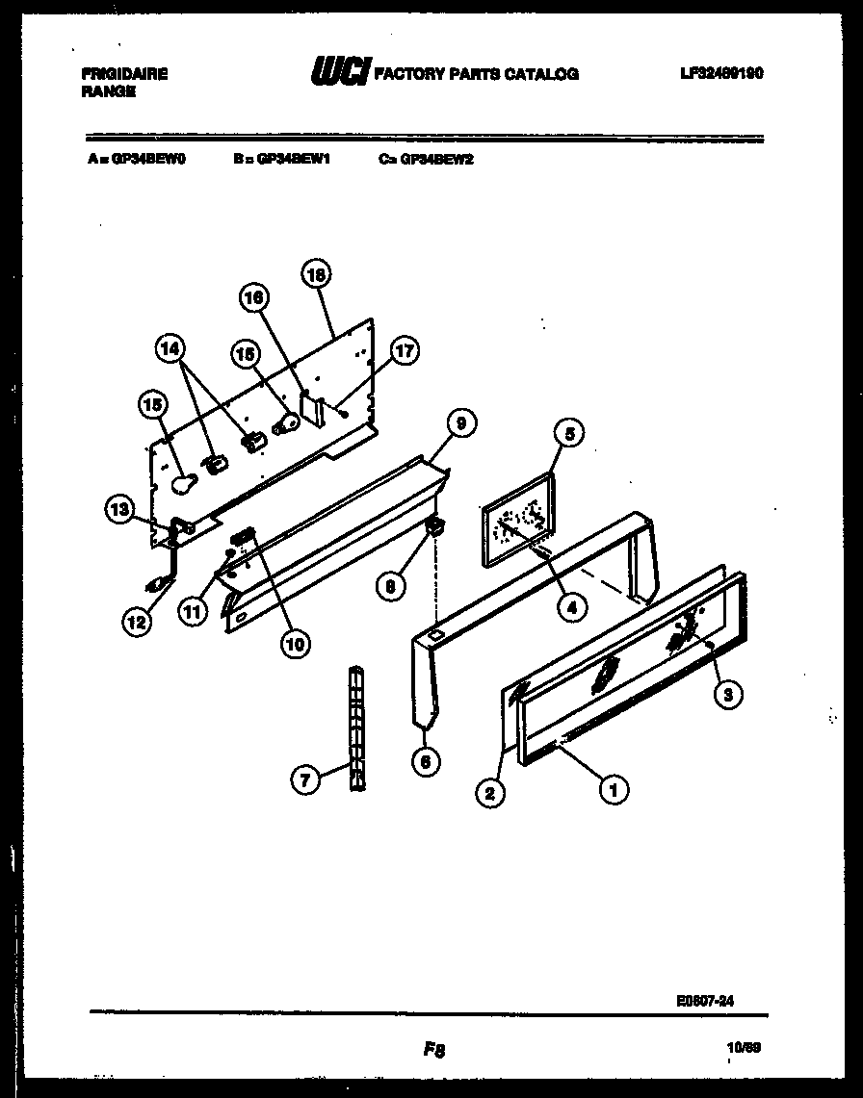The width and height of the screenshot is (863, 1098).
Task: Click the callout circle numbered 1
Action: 613,790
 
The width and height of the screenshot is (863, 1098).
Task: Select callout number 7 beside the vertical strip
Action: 305,780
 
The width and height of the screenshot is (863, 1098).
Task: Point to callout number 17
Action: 404,351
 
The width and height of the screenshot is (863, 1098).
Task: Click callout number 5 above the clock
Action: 568,435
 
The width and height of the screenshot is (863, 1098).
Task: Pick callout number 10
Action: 295,644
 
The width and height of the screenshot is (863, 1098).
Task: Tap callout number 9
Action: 460,421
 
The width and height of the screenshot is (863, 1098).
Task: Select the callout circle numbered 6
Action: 425,761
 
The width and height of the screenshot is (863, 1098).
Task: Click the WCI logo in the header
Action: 338,72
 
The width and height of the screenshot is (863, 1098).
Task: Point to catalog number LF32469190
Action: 719,73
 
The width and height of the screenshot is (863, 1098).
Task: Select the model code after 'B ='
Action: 294,161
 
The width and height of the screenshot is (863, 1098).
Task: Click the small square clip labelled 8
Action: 433,526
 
